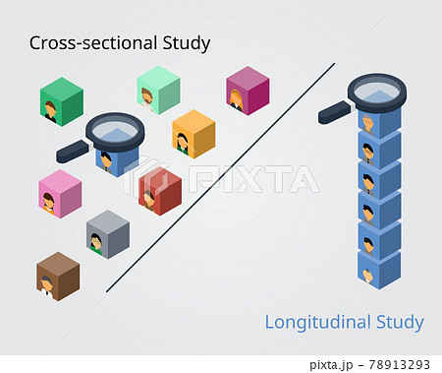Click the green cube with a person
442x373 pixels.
pos(62,101)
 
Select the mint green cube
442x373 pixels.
pos(157,90)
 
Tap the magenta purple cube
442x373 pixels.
pos(247,91)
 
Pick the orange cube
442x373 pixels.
pos(193,134)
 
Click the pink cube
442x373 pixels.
pos(60,194)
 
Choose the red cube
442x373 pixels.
pos(160,190)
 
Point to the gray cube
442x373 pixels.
pos(108,234)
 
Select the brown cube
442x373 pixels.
pos(58,276)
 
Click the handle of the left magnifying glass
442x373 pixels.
pos(72,152)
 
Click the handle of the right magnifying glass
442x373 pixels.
pos(334,115)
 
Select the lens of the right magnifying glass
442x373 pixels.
pos(377,91)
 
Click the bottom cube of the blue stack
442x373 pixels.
pos(378,267)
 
